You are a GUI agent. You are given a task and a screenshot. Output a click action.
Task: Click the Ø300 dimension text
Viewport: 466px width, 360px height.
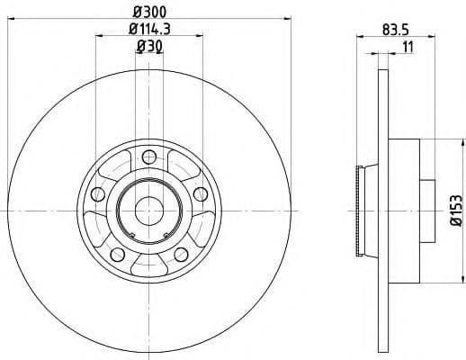[x=149, y=12]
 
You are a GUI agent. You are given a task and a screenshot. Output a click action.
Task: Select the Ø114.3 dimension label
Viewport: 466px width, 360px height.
[x=149, y=31]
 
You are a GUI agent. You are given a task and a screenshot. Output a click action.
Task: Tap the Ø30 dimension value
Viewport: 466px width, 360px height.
[x=148, y=49]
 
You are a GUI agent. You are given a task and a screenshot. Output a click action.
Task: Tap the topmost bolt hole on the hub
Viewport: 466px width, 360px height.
[x=148, y=157]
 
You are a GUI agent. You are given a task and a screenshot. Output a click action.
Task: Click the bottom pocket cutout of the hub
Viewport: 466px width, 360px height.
[x=148, y=261]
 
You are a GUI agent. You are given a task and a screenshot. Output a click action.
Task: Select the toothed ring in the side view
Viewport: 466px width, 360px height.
[x=363, y=210]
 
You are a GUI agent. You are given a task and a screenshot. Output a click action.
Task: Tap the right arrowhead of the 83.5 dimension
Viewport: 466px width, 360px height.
[x=424, y=36]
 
